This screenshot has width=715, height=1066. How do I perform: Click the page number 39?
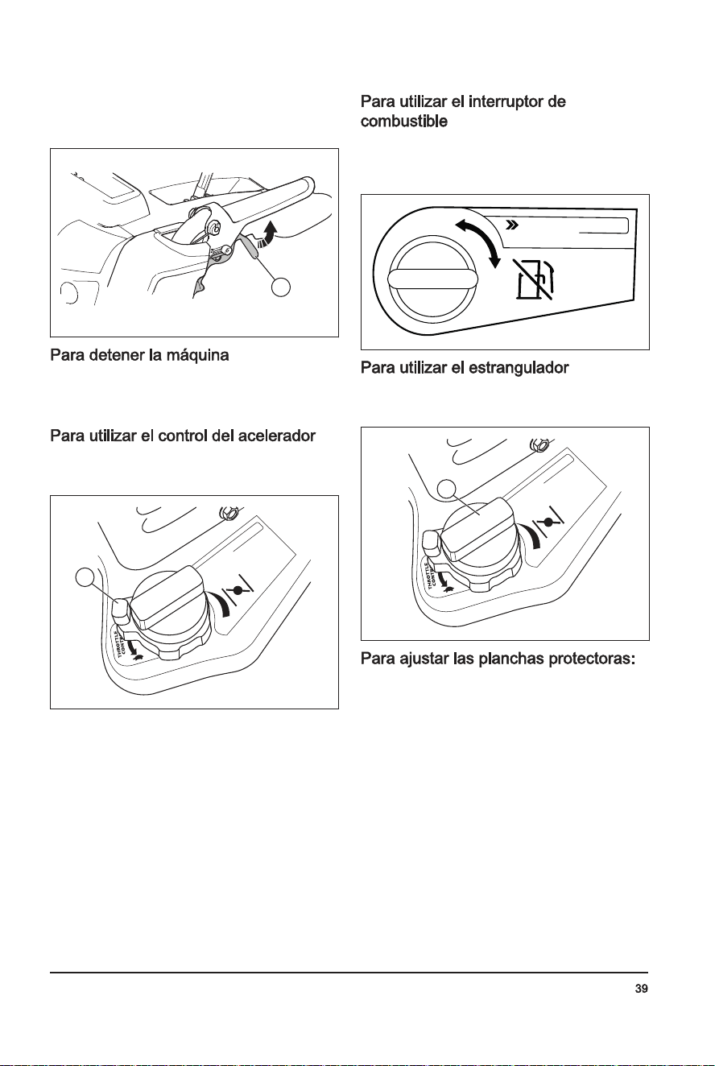point(641,989)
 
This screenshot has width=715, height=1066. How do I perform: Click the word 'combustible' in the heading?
point(403,122)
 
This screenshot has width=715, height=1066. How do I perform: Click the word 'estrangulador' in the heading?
point(519,368)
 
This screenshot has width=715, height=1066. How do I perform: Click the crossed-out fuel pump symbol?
point(535,280)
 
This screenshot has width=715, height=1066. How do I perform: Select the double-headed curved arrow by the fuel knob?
point(479,242)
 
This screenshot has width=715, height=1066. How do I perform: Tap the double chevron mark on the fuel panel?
point(512,225)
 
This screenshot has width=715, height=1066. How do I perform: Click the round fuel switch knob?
point(432,279)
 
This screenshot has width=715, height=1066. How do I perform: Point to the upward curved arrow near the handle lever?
point(268,233)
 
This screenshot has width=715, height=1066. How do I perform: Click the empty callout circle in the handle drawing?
point(281,287)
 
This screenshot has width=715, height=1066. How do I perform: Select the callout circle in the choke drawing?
point(447,489)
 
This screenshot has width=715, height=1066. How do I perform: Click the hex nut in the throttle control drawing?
point(227,513)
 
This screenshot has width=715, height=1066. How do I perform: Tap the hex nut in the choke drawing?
point(538,445)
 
